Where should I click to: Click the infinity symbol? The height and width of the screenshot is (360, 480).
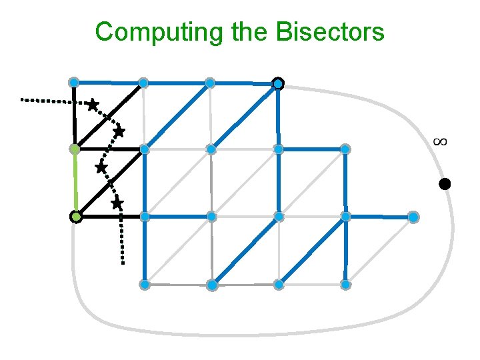tap(439, 141)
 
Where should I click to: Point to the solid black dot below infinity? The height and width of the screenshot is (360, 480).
tap(445, 184)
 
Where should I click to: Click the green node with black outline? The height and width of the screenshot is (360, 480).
tap(76, 217)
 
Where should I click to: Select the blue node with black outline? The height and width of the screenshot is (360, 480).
tap(278, 83)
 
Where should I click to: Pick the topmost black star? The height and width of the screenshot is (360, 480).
tap(93, 105)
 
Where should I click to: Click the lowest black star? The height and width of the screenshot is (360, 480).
tap(117, 203)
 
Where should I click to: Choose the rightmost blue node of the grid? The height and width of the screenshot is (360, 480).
tap(413, 217)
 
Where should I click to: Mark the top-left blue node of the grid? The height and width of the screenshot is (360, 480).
tap(74, 82)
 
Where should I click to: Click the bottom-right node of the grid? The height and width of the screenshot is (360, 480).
tap(345, 285)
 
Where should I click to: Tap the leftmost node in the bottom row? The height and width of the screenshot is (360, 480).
tap(144, 285)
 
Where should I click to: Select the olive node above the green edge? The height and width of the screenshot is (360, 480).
tap(75, 149)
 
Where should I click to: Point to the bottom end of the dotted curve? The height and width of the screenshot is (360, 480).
tap(123, 263)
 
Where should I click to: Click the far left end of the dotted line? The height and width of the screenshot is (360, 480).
tap(22, 99)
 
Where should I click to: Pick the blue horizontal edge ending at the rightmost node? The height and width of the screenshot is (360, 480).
tap(379, 217)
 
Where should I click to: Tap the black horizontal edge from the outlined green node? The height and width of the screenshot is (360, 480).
tap(110, 217)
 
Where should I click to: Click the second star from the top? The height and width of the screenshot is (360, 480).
tap(119, 132)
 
